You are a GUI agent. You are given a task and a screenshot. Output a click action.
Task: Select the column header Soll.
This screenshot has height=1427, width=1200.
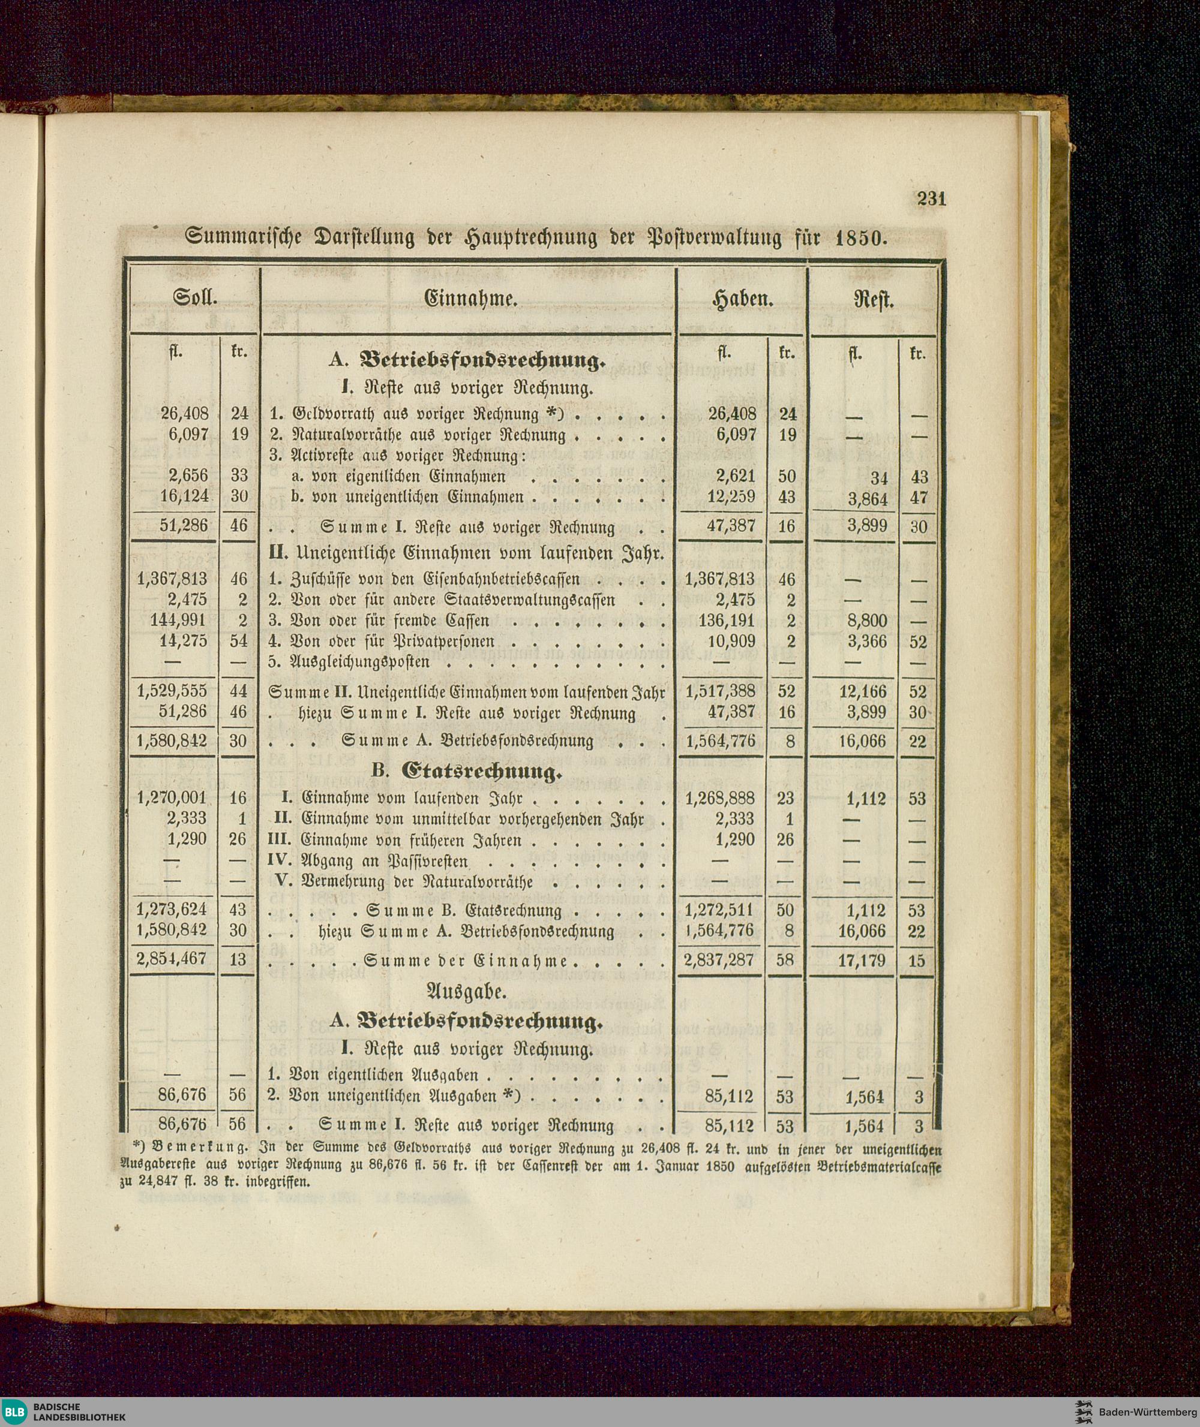click(194, 299)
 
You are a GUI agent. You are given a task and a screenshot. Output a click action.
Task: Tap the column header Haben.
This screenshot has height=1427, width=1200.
click(742, 299)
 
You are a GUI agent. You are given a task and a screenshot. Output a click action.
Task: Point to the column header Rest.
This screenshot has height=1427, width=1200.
click(874, 300)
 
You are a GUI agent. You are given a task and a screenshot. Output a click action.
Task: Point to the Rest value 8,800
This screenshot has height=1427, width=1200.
click(865, 621)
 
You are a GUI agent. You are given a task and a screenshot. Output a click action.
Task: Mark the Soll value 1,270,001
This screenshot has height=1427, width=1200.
click(172, 798)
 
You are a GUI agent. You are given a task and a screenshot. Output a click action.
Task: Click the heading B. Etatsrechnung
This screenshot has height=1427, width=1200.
click(467, 772)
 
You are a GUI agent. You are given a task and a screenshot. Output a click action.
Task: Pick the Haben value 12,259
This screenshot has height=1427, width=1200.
click(731, 497)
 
